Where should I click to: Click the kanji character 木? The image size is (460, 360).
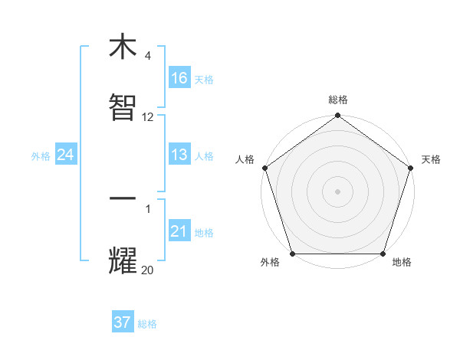pos(123,47)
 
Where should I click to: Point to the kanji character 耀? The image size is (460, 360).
pos(123,260)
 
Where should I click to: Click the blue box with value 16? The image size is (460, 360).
pos(179,77)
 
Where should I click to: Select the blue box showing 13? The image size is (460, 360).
pos(179,155)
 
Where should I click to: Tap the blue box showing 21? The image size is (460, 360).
pos(179,231)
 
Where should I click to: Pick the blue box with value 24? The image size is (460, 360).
pos(66,155)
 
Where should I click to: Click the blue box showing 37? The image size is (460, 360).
pos(123,322)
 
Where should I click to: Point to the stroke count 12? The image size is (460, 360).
pos(148,117)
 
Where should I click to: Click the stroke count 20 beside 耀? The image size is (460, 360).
pos(148,270)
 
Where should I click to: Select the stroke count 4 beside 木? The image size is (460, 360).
pos(148,56)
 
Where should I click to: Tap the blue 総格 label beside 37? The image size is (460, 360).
pos(147,324)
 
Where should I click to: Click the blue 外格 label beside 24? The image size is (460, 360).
pos(41,156)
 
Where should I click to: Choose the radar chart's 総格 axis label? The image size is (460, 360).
pos(337,100)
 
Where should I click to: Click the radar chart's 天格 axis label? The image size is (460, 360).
pos(431,159)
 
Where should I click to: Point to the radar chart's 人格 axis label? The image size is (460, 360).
pos(245,159)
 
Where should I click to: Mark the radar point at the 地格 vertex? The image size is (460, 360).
pos(383,254)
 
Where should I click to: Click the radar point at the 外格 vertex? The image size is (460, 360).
pos(292,254)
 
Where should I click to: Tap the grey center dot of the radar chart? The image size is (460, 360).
pos(337,191)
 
